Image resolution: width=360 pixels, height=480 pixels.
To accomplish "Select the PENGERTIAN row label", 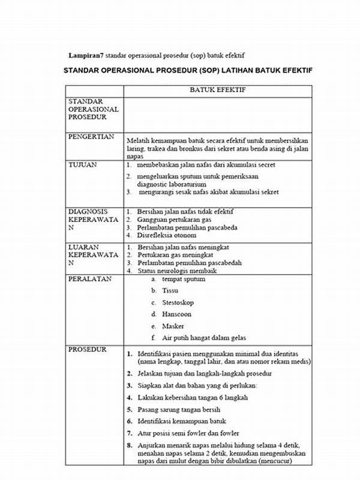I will [x=91, y=137].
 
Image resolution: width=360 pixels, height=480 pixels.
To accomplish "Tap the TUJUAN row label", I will [x=82, y=164].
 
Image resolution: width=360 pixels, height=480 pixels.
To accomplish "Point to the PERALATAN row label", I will [x=89, y=280].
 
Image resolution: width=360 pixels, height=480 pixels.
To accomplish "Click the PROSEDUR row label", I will [x=88, y=349].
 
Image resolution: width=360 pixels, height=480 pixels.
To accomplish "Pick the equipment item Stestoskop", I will [x=178, y=302].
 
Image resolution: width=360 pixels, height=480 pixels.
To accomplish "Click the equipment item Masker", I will [x=173, y=326].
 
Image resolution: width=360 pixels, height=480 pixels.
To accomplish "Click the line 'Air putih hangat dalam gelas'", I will [x=204, y=338].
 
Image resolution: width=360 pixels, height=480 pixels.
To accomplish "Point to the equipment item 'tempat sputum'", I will [x=183, y=279].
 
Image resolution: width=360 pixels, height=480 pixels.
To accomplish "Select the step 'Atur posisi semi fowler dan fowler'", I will [x=188, y=433].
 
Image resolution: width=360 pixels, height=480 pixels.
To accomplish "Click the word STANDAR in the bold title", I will [x=85, y=71].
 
